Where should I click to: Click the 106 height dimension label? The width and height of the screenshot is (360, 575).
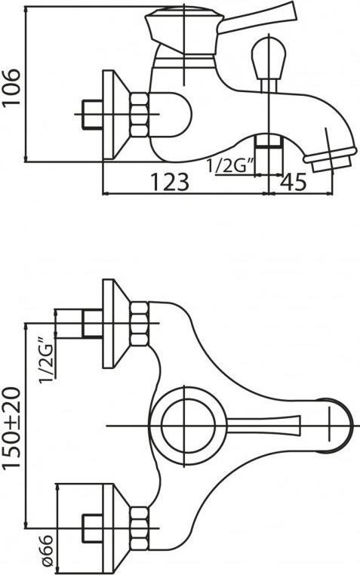point(12,87)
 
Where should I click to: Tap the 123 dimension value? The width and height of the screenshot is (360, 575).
point(170,182)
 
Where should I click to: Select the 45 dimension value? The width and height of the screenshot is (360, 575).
point(294,182)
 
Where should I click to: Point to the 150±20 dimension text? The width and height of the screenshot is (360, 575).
point(12,428)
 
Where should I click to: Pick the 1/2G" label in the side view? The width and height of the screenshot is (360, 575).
point(231,166)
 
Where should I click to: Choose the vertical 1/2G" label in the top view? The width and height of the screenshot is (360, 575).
point(48,361)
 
